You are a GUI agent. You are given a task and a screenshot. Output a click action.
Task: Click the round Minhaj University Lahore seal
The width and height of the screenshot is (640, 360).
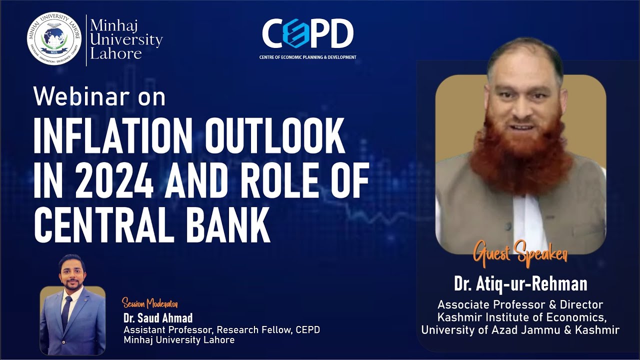pyautogui.click(x=54, y=39)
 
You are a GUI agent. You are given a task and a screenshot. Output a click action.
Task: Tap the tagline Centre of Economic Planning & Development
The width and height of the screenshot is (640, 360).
pyautogui.click(x=307, y=57)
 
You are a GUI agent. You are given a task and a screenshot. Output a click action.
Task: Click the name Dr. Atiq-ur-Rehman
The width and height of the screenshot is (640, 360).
pyautogui.click(x=520, y=284)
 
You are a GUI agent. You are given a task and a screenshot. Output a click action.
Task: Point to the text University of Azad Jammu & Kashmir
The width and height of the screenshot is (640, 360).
pyautogui.click(x=520, y=330)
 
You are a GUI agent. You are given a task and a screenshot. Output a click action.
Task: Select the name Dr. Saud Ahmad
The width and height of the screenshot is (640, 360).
pyautogui.click(x=157, y=318)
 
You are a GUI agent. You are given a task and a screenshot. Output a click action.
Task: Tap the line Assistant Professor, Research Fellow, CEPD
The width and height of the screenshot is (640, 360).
pyautogui.click(x=221, y=330)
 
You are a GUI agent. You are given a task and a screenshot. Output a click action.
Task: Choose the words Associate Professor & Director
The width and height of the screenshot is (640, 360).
pyautogui.click(x=520, y=304)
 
